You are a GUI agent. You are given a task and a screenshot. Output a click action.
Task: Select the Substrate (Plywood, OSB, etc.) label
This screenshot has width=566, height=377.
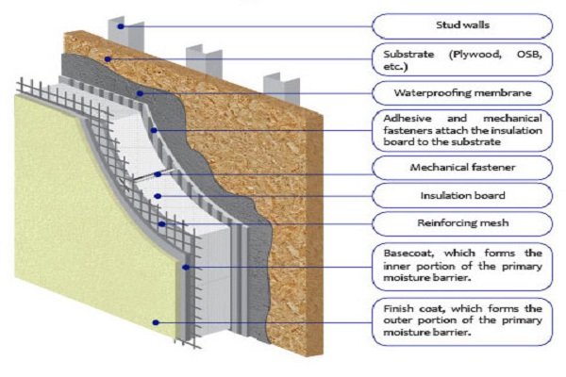click(461, 59)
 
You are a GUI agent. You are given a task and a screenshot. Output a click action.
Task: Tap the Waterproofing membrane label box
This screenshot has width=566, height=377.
click(461, 93)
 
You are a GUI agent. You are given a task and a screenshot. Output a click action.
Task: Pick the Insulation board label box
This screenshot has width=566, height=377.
click(461, 196)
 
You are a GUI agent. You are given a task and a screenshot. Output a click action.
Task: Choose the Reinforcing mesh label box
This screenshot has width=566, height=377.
click(461, 223)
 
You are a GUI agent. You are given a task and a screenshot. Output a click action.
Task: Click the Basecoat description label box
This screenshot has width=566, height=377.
click(461, 267)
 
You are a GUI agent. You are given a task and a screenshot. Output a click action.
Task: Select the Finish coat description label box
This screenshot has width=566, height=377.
click(461, 321)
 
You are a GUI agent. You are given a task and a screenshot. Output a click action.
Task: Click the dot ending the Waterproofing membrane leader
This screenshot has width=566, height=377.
click(141, 93)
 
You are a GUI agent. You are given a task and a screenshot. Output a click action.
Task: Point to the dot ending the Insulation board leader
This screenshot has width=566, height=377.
click(158, 196)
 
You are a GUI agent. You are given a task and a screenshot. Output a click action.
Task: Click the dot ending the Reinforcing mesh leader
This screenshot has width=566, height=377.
click(163, 224)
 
